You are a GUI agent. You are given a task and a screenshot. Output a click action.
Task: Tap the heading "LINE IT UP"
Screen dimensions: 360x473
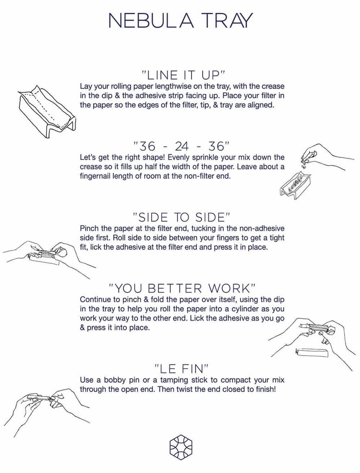point(183,76)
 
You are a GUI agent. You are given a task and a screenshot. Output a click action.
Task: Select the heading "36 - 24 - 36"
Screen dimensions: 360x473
point(181,146)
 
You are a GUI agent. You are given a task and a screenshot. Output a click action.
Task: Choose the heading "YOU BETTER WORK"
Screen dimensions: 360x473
point(182,288)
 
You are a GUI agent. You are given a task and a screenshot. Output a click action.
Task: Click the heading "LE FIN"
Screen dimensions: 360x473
point(181,369)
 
